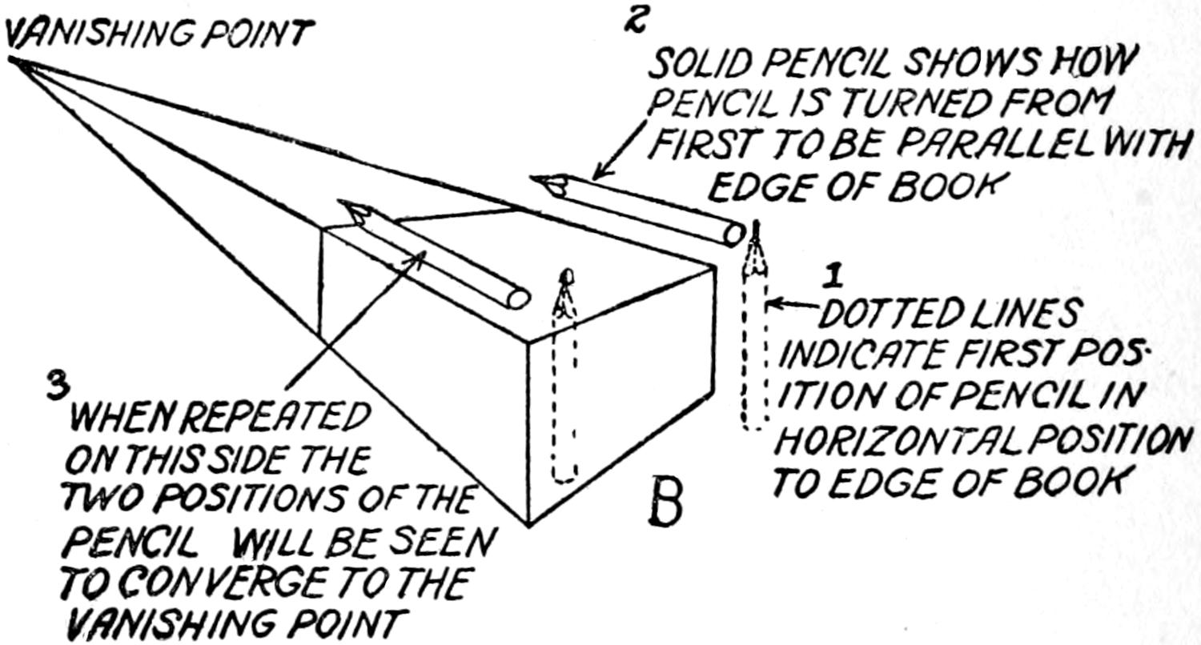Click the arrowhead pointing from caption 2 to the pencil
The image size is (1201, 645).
click(x=596, y=177)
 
